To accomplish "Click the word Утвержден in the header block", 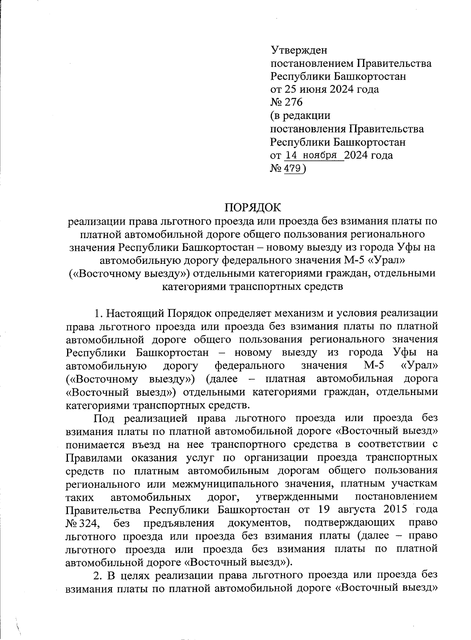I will pos(299,50).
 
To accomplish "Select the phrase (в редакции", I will pos(300,116).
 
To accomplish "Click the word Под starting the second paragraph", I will pos(104,419).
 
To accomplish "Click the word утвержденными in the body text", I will pos(297,497).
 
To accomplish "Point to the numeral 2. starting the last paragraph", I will pos(97,576).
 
